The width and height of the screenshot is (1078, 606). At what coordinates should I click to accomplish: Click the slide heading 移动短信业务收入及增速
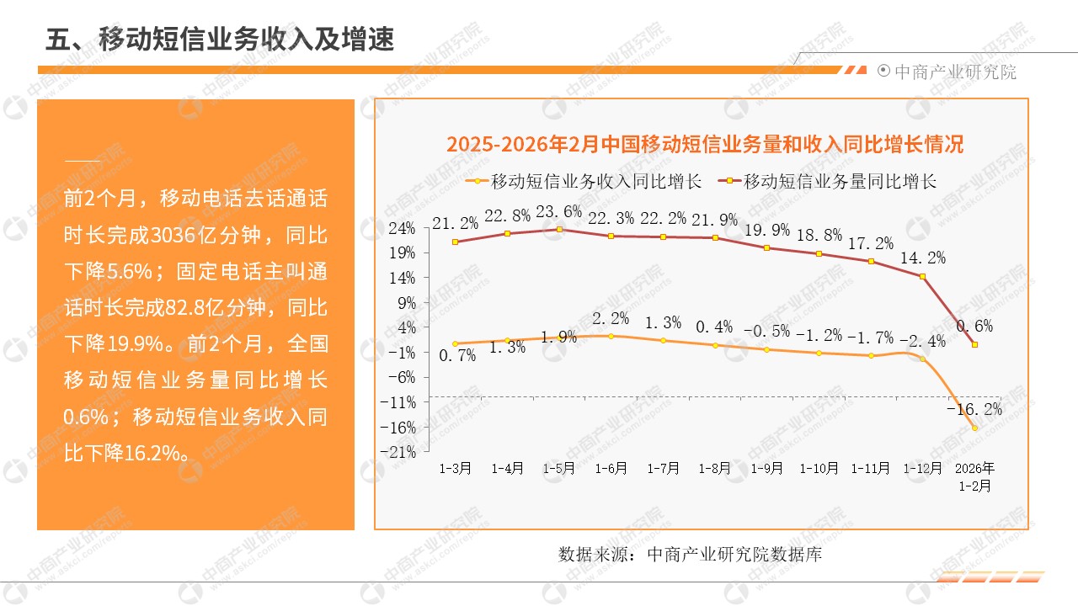click(220, 39)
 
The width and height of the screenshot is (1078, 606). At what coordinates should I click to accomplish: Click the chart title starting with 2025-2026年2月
click(704, 144)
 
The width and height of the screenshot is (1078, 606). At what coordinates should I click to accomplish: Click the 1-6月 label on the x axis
click(611, 469)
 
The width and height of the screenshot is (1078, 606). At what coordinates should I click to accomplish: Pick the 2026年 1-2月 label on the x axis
click(975, 476)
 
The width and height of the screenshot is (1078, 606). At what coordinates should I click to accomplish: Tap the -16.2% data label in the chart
click(974, 409)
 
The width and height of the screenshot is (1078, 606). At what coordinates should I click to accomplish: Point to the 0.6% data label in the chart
click(974, 326)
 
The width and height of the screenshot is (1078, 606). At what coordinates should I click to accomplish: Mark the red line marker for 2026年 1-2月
click(974, 343)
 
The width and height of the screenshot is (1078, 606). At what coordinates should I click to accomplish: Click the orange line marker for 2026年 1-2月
click(974, 428)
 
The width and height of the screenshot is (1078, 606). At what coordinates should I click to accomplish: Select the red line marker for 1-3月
click(456, 242)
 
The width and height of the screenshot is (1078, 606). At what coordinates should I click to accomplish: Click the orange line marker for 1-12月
click(923, 359)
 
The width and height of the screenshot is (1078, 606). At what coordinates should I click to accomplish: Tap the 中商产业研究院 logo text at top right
click(955, 72)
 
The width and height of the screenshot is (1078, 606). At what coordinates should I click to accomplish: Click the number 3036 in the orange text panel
click(175, 235)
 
